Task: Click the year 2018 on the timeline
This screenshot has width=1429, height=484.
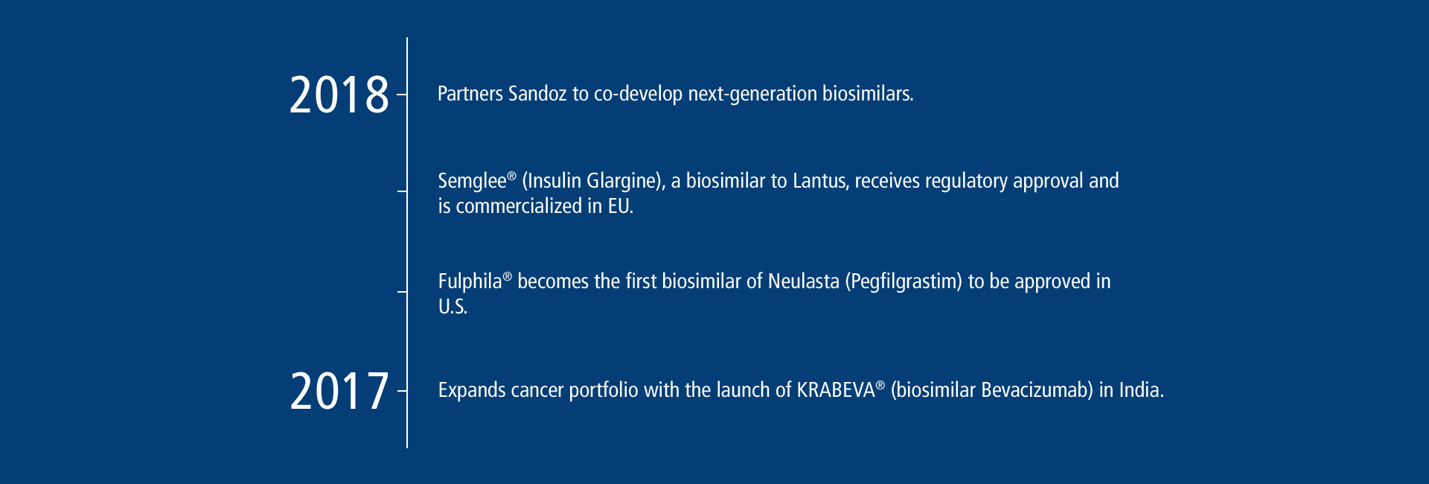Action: (x=339, y=95)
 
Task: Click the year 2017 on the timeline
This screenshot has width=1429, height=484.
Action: (x=339, y=391)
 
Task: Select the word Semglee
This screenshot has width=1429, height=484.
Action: (x=473, y=182)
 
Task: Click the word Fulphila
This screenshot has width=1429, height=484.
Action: (x=470, y=281)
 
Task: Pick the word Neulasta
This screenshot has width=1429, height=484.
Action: (x=804, y=281)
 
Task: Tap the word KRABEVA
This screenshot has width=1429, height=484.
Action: (x=836, y=390)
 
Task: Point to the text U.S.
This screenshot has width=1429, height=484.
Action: (x=453, y=307)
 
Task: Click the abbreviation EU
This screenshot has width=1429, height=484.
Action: (x=620, y=206)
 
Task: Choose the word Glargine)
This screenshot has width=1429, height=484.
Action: (x=625, y=181)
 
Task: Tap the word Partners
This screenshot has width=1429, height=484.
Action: (x=470, y=94)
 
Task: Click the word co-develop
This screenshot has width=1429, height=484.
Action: (x=638, y=95)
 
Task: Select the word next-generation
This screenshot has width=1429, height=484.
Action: (x=752, y=95)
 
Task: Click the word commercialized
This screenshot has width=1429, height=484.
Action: (x=519, y=206)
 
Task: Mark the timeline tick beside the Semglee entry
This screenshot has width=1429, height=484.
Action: (x=402, y=191)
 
